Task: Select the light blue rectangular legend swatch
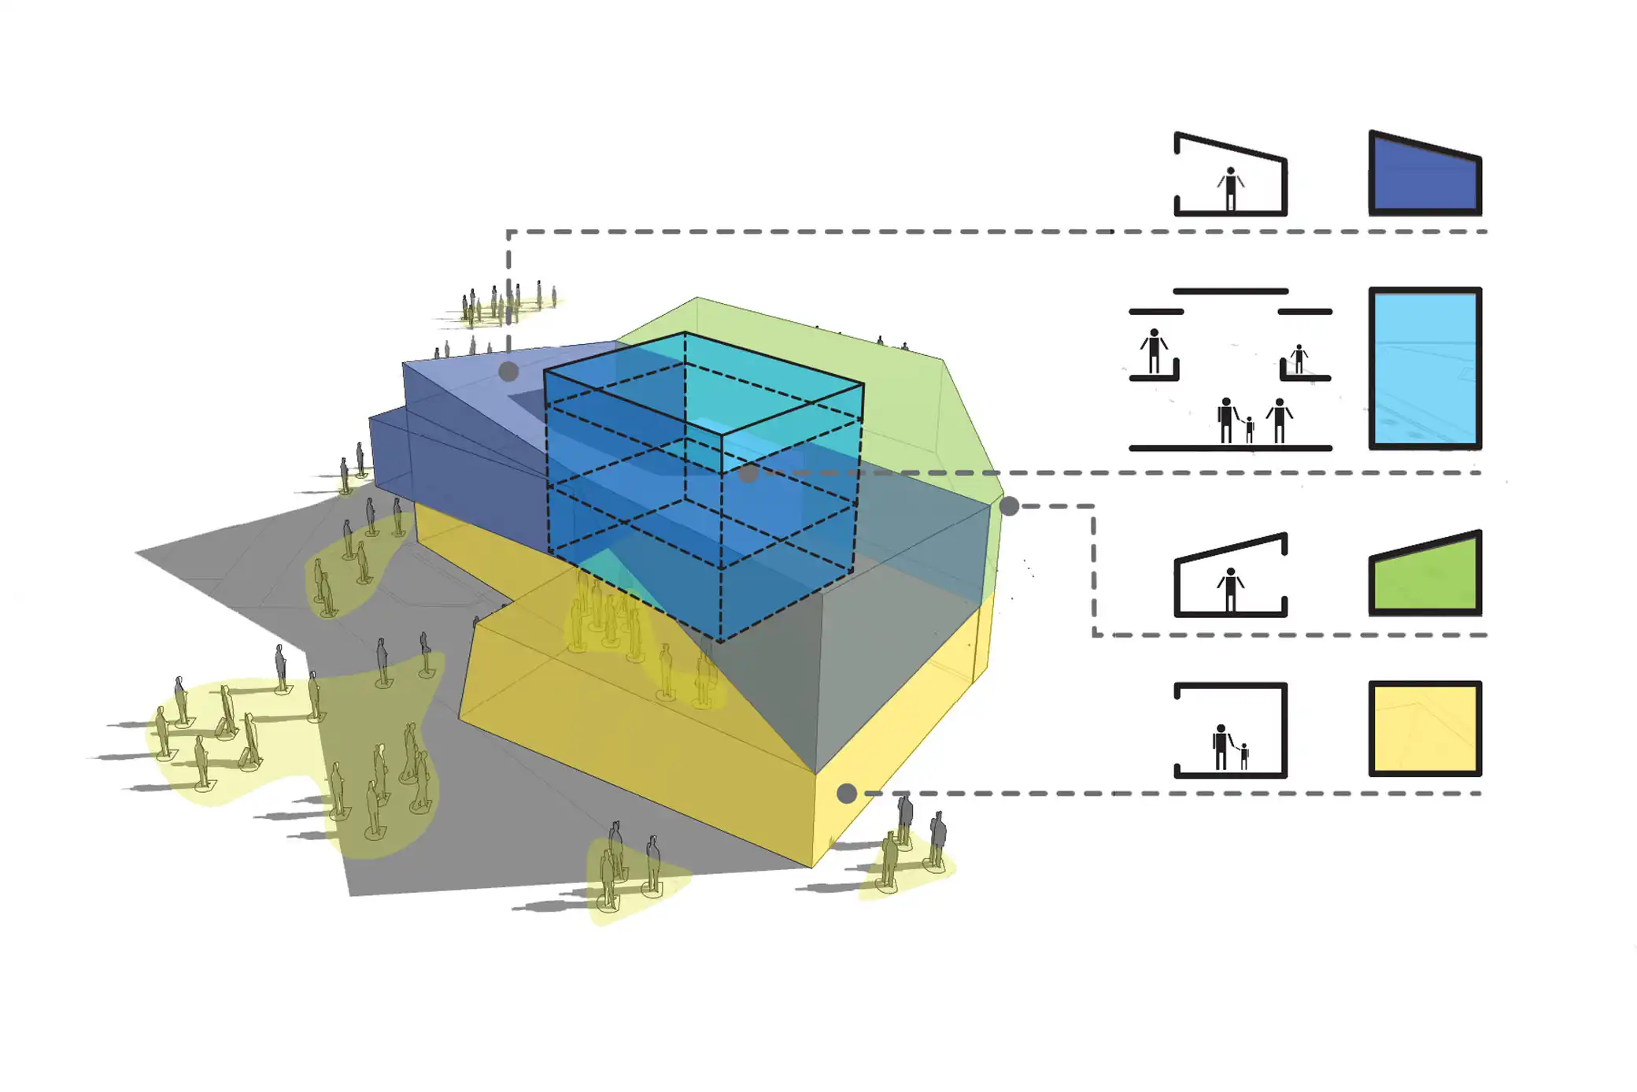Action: pos(1425,368)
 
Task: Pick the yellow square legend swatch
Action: pos(1425,728)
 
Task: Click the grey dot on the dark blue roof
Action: pos(508,372)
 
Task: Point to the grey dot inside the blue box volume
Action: pos(748,472)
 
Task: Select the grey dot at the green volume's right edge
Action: pos(1009,506)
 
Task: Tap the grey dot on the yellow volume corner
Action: pos(846,793)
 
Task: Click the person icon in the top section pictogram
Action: pos(1230,189)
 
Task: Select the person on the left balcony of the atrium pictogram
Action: pos(1154,351)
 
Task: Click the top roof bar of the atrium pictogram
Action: pos(1230,291)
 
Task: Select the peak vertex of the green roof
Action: pos(697,298)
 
